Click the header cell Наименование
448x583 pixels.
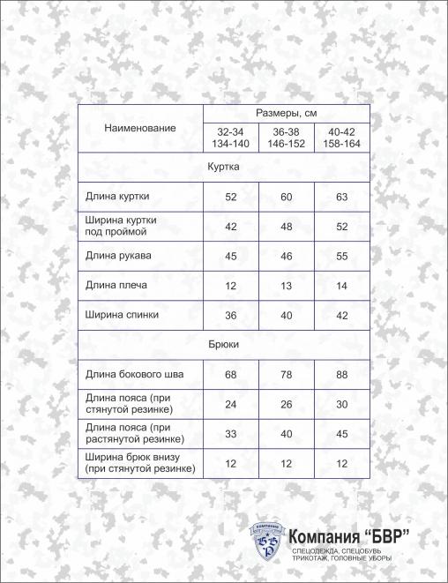pos(139,128)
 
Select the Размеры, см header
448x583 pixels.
pos(287,114)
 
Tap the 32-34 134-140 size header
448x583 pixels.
pos(231,137)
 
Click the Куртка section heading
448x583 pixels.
pos(223,166)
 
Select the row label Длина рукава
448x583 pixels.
pos(119,257)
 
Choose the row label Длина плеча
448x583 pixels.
pos(116,286)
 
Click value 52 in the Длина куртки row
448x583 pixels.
pos(231,197)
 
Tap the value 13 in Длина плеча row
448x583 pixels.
pos(287,286)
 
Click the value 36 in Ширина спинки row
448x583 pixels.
pos(231,315)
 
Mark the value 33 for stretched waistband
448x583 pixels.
pos(231,433)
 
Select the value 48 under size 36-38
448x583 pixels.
pos(287,227)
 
